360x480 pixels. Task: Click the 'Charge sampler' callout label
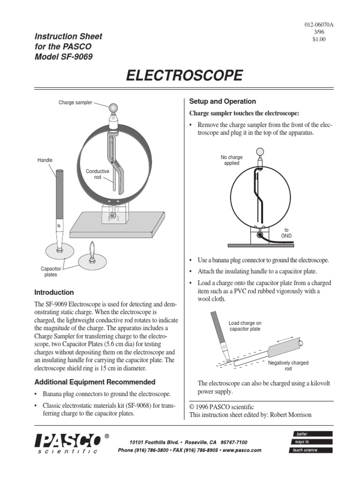(x=75, y=102)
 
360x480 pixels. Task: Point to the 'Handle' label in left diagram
(x=45, y=160)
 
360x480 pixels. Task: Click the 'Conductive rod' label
(x=97, y=174)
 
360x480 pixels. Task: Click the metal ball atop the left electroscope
(x=114, y=107)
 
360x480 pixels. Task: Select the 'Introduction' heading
(x=55, y=292)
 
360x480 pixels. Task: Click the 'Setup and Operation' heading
(x=222, y=101)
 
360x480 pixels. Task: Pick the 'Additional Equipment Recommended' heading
(x=95, y=382)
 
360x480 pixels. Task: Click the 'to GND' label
(x=286, y=233)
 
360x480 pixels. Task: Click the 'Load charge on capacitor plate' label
(x=245, y=326)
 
